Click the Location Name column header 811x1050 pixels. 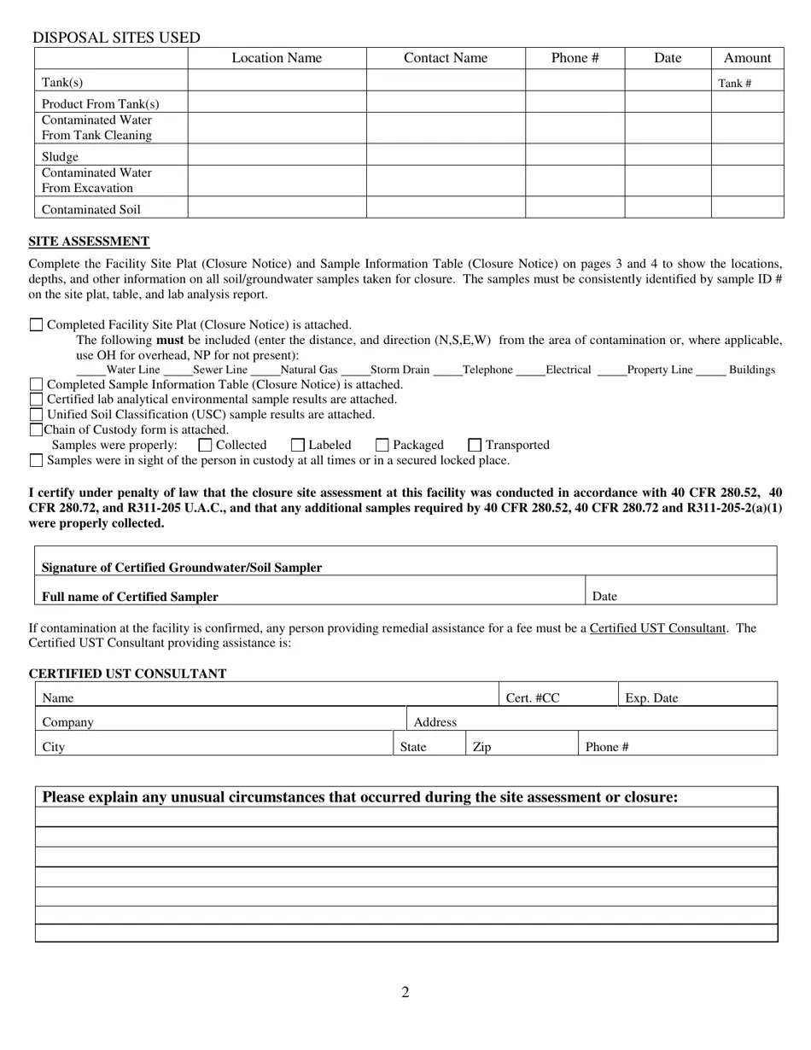coord(277,58)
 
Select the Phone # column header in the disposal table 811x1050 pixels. coord(575,58)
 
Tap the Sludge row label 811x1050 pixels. coord(60,157)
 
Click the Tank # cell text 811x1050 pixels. coord(735,84)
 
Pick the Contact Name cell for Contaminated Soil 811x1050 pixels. coord(446,207)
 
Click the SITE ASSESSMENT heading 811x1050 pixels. coord(89,242)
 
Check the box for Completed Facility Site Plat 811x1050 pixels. coord(36,324)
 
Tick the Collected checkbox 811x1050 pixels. coord(205,445)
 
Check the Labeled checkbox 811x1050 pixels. coord(298,445)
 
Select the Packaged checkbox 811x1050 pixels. coord(382,445)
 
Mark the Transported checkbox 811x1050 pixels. coord(475,445)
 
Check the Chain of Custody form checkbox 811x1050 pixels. coord(36,430)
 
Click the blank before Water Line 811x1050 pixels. coord(90,370)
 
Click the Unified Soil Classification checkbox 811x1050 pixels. coord(36,415)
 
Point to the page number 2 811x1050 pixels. coord(405,992)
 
